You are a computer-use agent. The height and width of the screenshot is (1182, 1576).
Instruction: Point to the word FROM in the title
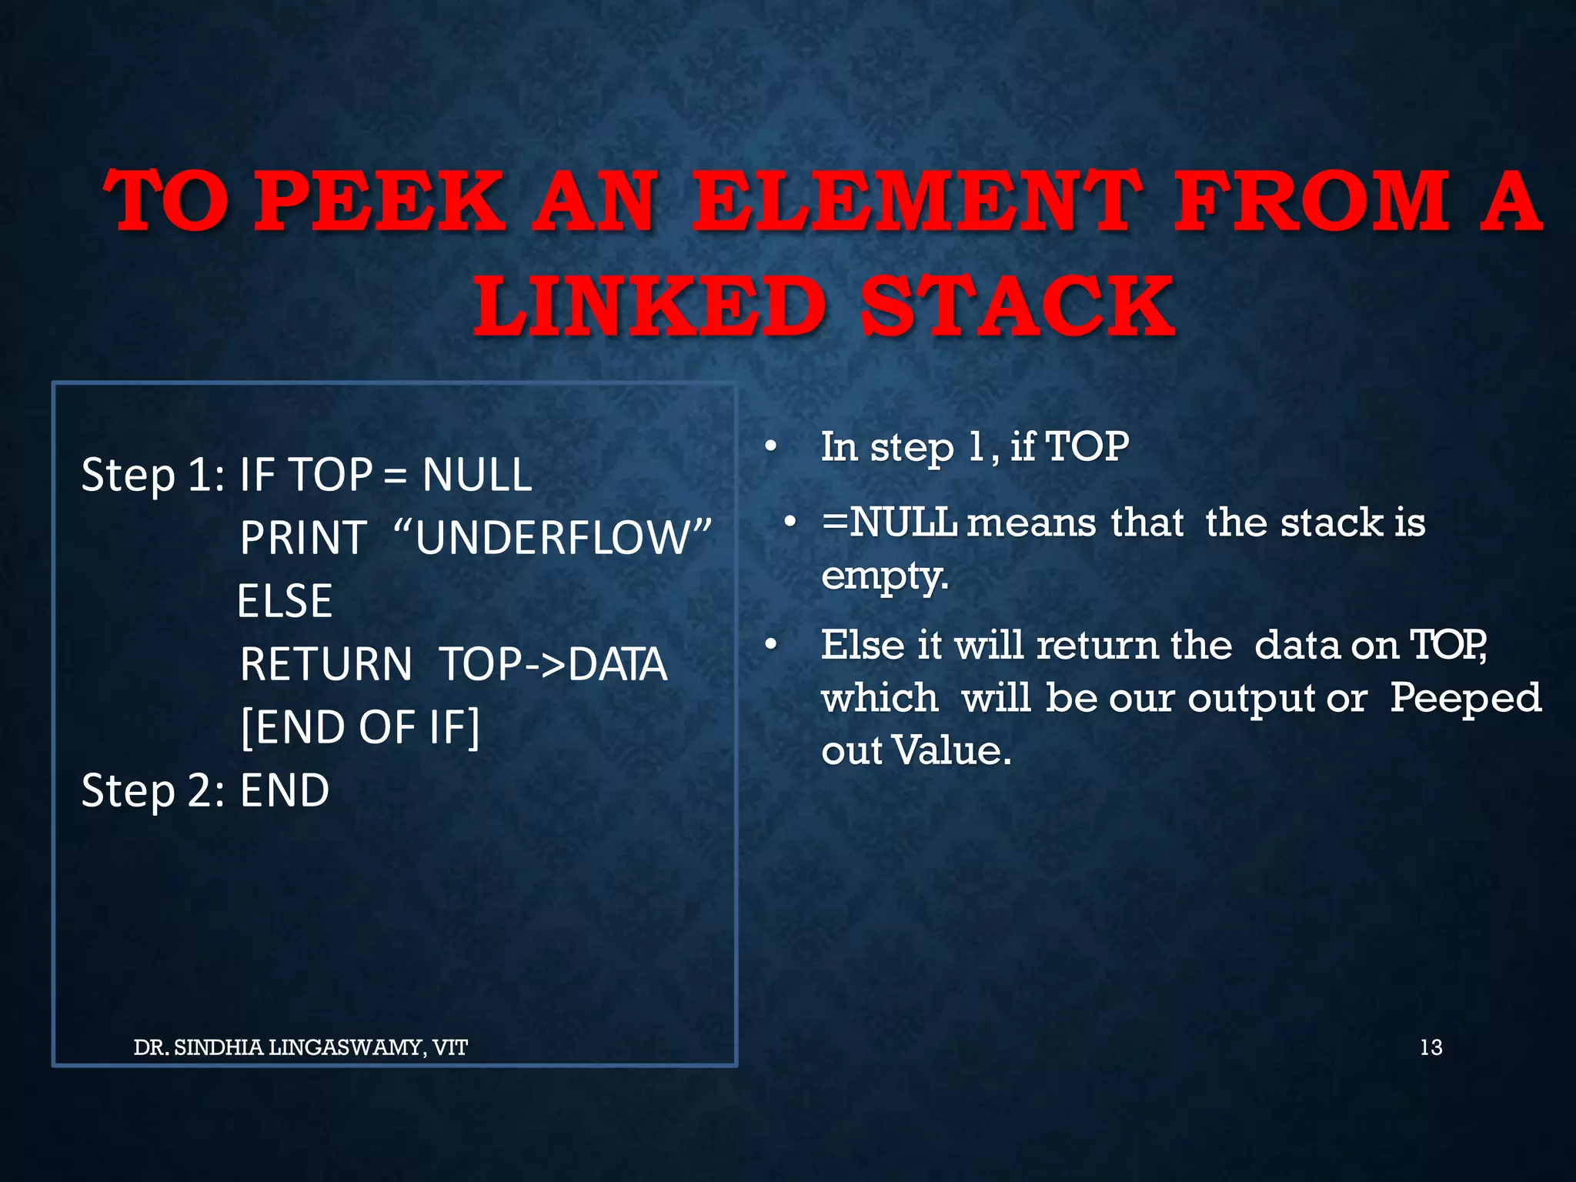click(x=1311, y=202)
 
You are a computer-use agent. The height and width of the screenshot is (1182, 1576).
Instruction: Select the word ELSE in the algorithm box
click(x=285, y=601)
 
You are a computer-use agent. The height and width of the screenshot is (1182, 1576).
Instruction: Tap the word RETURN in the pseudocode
click(x=326, y=664)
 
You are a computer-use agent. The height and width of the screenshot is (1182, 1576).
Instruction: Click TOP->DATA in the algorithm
click(x=553, y=664)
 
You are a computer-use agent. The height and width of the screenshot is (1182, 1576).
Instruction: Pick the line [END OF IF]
click(x=360, y=727)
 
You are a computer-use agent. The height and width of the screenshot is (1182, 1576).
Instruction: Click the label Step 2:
click(x=152, y=790)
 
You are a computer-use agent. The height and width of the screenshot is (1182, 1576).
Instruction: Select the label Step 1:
click(x=152, y=475)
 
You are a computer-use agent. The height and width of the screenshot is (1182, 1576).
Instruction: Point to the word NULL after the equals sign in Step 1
click(x=477, y=475)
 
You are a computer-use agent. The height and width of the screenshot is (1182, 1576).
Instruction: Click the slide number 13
click(x=1431, y=1047)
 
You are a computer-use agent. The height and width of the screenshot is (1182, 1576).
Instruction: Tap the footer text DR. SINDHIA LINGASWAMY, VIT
click(x=300, y=1047)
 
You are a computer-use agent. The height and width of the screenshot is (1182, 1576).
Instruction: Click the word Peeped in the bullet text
click(x=1465, y=698)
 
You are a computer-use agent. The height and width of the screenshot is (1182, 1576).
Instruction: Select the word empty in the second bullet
click(x=883, y=576)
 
